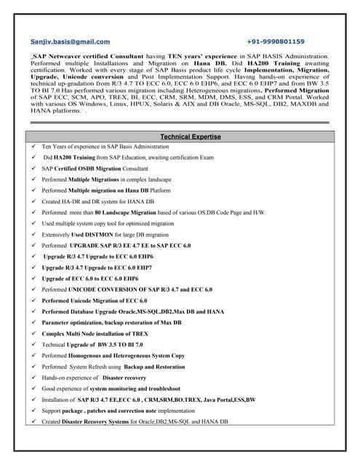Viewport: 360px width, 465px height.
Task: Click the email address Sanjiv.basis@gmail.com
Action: (71, 42)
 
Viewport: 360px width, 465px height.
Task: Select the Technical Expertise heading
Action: (191, 137)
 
